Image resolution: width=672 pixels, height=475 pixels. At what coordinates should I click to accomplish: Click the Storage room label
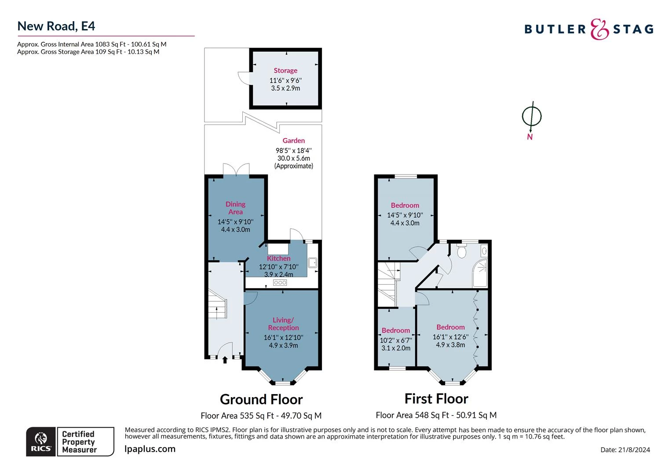285,70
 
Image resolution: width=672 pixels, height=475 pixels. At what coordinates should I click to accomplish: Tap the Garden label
293,140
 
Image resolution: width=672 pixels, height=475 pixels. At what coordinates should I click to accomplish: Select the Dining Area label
235,208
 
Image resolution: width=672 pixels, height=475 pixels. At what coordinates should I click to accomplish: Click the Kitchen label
279,258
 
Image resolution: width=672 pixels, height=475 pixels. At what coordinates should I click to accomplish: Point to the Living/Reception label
283,324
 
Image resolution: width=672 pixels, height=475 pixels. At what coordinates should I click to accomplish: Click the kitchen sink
312,263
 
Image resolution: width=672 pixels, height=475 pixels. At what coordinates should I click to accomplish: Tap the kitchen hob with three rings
280,282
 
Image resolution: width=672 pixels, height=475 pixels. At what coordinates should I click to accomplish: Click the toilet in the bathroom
461,251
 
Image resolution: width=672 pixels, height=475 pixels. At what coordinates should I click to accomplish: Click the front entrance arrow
225,359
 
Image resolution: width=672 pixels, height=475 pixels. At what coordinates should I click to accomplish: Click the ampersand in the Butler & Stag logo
599,29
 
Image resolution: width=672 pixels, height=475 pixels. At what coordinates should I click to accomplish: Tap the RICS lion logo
41,442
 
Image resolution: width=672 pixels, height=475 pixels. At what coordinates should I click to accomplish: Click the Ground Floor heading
261,399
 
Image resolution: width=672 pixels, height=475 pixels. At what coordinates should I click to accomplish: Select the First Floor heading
436,399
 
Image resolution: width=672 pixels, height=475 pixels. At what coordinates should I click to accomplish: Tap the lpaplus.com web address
150,449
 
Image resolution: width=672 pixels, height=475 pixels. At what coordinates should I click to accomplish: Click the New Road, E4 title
56,26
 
